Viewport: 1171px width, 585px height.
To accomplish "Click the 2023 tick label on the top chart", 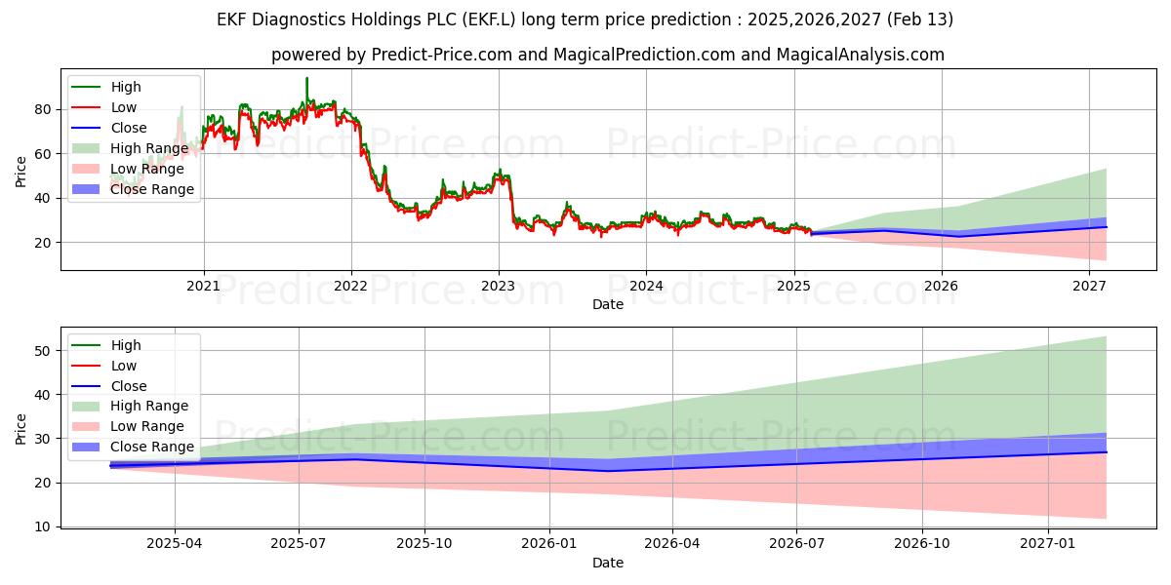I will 499,286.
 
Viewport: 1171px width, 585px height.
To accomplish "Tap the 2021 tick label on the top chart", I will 203,286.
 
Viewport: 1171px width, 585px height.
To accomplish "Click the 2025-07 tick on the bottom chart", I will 299,543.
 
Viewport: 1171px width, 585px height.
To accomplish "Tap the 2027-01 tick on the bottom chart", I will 1047,543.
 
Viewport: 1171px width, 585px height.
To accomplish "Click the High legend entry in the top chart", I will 126,87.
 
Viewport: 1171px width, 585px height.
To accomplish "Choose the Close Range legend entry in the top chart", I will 151,189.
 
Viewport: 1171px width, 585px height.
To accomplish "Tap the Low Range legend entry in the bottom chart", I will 147,426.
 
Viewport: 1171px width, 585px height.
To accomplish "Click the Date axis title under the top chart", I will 607,304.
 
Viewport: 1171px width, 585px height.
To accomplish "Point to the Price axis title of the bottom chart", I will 21,428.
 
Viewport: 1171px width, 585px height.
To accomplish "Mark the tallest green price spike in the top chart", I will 306,79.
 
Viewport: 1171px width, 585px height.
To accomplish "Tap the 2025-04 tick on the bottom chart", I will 175,543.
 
